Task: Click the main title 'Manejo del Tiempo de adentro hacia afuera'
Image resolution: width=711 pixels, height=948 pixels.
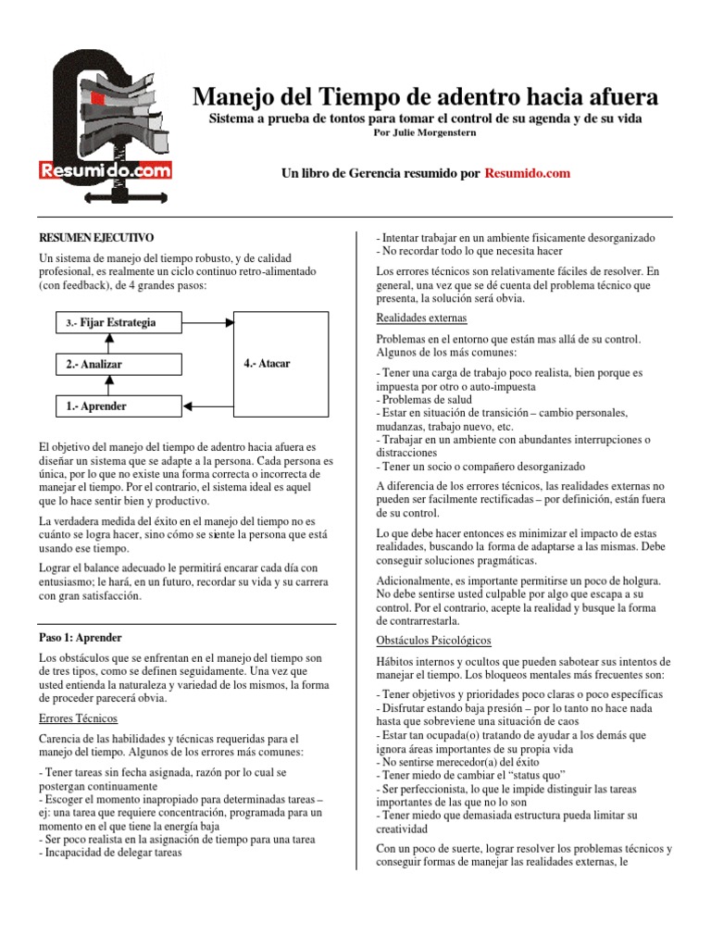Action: [425, 96]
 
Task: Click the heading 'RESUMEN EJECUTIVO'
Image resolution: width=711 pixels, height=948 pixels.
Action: [95, 238]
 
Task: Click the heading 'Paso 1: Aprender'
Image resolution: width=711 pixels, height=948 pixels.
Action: [81, 638]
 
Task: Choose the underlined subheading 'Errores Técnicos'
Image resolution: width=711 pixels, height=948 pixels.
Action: [78, 718]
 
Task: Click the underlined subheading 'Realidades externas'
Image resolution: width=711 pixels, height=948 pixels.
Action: [422, 318]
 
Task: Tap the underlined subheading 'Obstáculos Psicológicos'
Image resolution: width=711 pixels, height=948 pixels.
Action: [433, 641]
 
